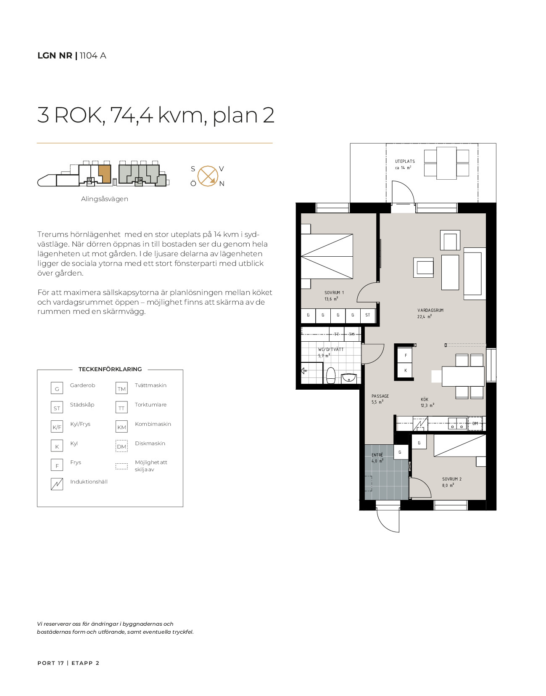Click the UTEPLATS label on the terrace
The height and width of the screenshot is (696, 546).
pyautogui.click(x=405, y=162)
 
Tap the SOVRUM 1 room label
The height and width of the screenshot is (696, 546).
pyautogui.click(x=334, y=293)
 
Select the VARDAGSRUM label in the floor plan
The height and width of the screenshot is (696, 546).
pyautogui.click(x=430, y=311)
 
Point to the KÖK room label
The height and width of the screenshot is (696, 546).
pyautogui.click(x=425, y=399)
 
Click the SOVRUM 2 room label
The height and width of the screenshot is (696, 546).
pyautogui.click(x=452, y=479)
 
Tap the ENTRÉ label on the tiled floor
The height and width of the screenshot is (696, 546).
pyautogui.click(x=377, y=455)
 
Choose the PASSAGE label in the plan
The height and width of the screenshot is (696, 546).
pyautogui.click(x=380, y=396)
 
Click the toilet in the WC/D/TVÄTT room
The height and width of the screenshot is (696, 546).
pyautogui.click(x=330, y=375)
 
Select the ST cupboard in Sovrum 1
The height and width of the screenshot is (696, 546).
pyautogui.click(x=367, y=315)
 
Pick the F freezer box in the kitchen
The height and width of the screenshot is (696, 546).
pyautogui.click(x=406, y=355)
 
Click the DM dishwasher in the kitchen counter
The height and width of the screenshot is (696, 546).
pyautogui.click(x=475, y=423)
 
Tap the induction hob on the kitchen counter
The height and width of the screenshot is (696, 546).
pyautogui.click(x=420, y=423)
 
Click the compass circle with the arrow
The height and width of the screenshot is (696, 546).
pyautogui.click(x=208, y=176)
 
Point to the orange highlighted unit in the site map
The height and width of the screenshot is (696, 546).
pyautogui.click(x=105, y=173)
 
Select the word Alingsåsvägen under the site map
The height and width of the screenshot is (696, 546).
pyautogui.click(x=105, y=199)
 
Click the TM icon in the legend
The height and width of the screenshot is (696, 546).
pyautogui.click(x=121, y=388)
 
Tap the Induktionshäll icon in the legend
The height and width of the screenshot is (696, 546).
pyautogui.click(x=57, y=484)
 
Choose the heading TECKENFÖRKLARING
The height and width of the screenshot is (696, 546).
pyautogui.click(x=110, y=369)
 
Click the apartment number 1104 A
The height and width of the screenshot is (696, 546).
pyautogui.click(x=93, y=56)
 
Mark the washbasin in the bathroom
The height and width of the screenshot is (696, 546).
pyautogui.click(x=349, y=378)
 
